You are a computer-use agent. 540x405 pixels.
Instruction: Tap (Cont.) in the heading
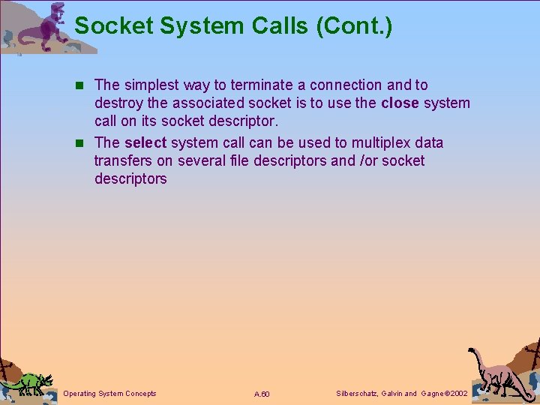(x=354, y=26)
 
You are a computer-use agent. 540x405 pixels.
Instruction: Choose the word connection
(x=345, y=85)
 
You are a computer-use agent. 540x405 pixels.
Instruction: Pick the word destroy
(x=119, y=103)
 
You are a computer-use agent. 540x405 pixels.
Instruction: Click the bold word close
(x=400, y=103)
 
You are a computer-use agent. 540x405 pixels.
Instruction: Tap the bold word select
(x=145, y=142)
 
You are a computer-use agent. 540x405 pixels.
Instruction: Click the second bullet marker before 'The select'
(x=82, y=143)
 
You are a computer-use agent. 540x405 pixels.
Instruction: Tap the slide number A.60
(x=262, y=394)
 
